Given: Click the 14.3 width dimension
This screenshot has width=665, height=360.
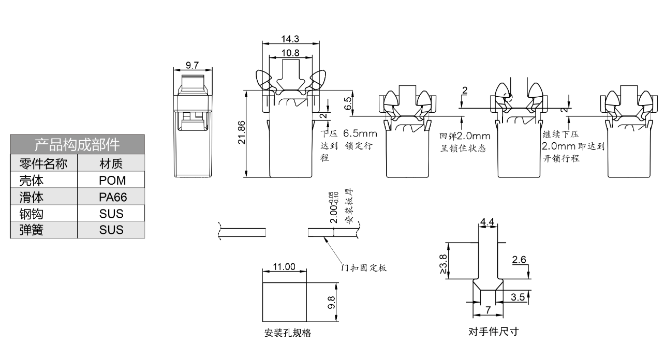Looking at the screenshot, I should (290, 39).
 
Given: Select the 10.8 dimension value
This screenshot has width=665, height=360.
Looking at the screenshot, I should (290, 53).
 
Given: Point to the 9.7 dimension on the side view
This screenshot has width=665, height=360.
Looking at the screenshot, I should (193, 65).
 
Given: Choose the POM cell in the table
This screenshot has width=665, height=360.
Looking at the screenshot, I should (111, 181).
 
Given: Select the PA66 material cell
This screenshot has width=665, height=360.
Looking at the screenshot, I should (111, 197).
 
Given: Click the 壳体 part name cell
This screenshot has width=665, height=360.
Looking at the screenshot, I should (32, 181).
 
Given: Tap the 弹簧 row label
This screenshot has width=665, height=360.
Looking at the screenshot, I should (32, 230).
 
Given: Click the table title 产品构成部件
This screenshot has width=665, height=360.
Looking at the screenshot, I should (77, 144).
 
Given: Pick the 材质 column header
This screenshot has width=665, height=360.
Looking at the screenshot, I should (111, 164).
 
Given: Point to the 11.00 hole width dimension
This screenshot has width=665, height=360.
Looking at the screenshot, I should (284, 267).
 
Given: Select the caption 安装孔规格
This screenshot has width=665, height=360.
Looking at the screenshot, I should (288, 333).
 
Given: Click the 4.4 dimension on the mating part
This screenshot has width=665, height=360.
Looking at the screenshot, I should (487, 222).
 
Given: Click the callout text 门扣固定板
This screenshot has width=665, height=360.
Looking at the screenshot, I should (364, 268).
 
